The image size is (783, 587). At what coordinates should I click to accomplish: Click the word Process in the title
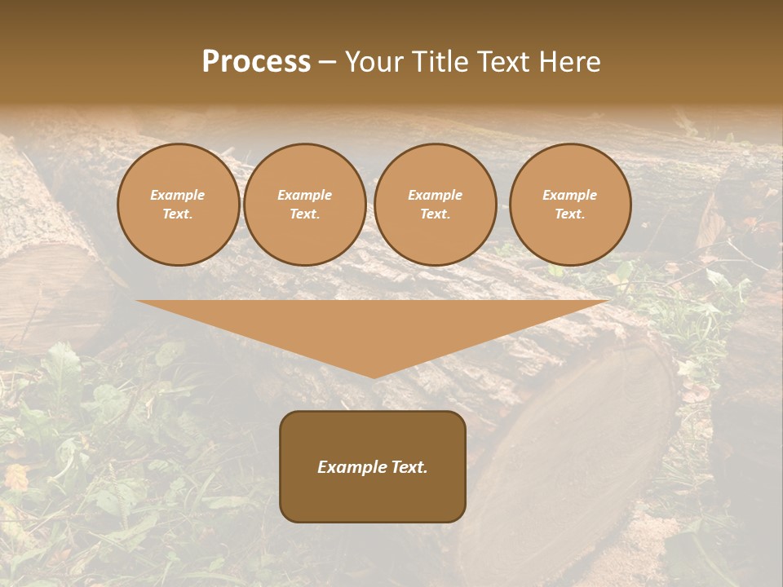tap(256, 62)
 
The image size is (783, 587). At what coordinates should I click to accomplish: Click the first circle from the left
tap(178, 205)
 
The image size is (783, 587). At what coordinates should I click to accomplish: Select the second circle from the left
tap(305, 205)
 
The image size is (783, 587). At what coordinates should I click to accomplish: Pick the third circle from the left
tap(436, 205)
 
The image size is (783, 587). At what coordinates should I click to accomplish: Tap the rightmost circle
tap(570, 205)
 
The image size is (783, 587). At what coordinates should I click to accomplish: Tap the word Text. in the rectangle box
tap(409, 467)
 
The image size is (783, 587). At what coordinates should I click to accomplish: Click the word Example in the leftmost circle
tap(178, 196)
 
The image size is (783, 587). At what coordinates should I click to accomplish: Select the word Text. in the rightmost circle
tap(570, 214)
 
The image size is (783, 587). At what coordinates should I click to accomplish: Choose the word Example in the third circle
tap(436, 196)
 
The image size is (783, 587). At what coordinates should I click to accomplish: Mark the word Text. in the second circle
tap(305, 214)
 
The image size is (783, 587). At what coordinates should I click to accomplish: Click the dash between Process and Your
tap(327, 62)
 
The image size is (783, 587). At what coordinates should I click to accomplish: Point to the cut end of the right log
tap(571, 457)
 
